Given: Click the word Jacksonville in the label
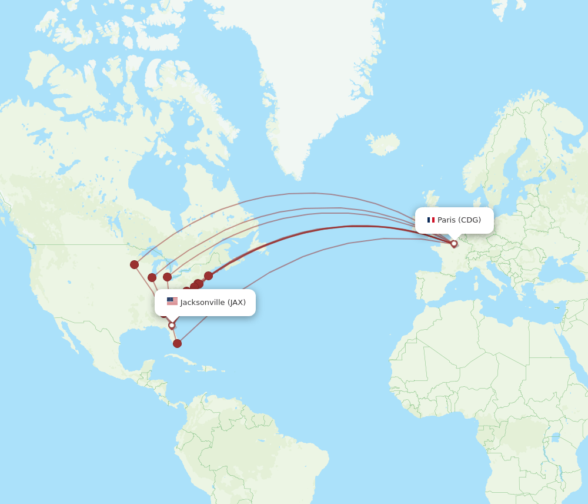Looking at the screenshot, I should coord(202,303).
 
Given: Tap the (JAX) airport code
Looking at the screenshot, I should coord(236,303).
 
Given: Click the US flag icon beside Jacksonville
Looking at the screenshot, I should coord(172,301).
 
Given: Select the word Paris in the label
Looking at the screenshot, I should coord(446,220).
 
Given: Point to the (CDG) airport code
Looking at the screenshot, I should coord(470,220).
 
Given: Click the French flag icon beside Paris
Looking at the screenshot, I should coord(431,220).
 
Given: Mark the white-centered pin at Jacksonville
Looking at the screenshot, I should coord(172,325).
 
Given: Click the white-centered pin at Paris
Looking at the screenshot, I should coord(454,243).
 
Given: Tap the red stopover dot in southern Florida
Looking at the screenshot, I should coord(177,343).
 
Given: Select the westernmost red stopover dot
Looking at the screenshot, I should coord(135,264).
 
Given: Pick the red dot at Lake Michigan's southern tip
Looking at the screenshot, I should coord(152,277).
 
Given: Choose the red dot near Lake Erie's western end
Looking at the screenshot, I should coord(168,277).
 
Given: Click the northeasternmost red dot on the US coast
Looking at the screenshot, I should coord(208,276).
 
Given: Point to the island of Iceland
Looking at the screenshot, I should coord(382,143).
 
